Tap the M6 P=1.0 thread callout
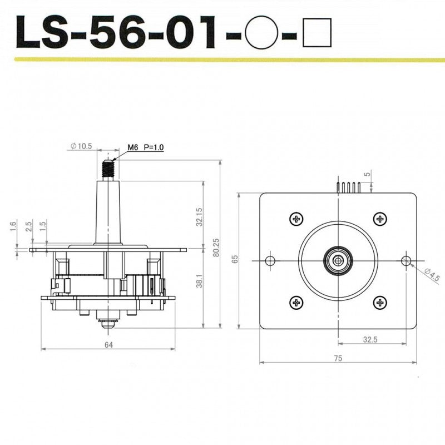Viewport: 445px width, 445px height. [145, 147]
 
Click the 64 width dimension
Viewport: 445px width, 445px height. [108, 345]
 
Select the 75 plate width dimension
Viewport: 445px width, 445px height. [338, 359]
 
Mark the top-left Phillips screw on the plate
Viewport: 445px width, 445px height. [295, 219]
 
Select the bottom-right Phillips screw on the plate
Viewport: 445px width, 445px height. [380, 303]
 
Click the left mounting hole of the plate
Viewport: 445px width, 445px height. [271, 261]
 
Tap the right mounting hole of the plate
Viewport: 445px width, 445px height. [406, 261]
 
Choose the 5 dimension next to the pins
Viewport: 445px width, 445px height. [368, 175]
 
